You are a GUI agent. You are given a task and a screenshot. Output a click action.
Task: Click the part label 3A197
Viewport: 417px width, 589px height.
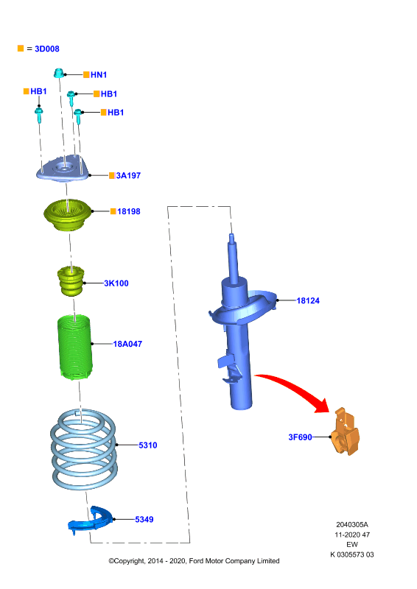pos(128,175)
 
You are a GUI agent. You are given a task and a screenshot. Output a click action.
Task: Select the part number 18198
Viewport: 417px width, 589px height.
pos(129,211)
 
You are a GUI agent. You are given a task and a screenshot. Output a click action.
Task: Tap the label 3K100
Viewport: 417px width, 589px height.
pos(116,283)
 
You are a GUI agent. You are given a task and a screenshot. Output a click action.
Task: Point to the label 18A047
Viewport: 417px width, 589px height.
pos(127,344)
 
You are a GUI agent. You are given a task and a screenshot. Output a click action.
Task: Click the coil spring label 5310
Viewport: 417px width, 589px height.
pos(148,445)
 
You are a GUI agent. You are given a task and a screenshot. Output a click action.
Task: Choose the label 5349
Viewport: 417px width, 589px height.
pos(144,520)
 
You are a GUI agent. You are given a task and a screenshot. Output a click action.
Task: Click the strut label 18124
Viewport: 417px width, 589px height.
pos(308,300)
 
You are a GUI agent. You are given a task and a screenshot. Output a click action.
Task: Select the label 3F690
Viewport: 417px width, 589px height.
pos(300,437)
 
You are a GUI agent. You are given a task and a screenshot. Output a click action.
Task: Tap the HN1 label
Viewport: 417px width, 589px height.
pos(99,75)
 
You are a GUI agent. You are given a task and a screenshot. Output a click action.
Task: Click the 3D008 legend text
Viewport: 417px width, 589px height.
pos(47,49)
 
